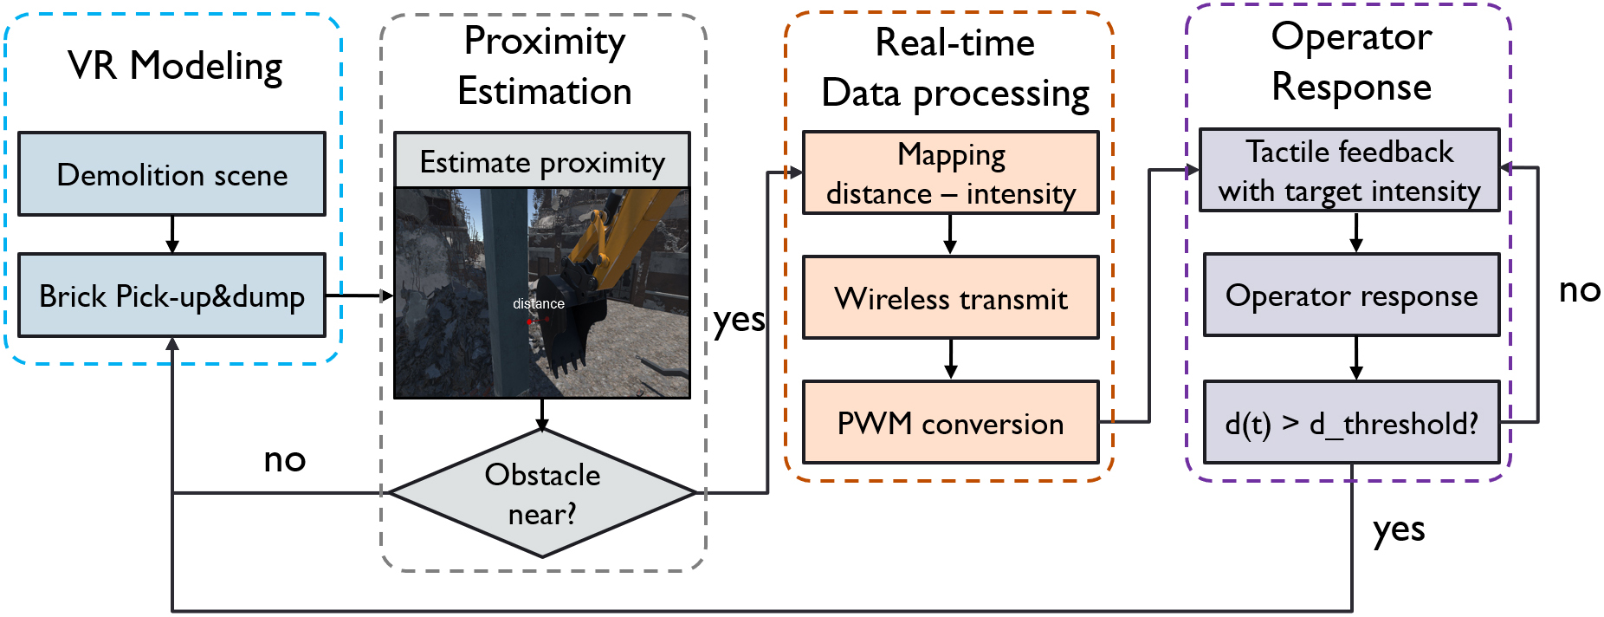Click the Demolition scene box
[172, 174]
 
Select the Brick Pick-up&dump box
[172, 296]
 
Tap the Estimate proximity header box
[542, 160]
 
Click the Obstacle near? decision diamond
[542, 494]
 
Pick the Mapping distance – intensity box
[951, 173]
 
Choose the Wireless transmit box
[951, 297]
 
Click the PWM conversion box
[951, 422]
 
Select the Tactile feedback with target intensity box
[1349, 170]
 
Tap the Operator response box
[1352, 295]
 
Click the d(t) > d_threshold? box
[1352, 422]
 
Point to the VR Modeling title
[175, 67]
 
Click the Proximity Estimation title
[545, 66]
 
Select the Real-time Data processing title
[955, 68]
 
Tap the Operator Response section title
[1352, 62]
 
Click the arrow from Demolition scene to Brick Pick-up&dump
[172, 235]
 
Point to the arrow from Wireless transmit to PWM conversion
[951, 360]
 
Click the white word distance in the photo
[539, 303]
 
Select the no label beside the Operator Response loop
[1580, 290]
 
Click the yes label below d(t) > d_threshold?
[1399, 529]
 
